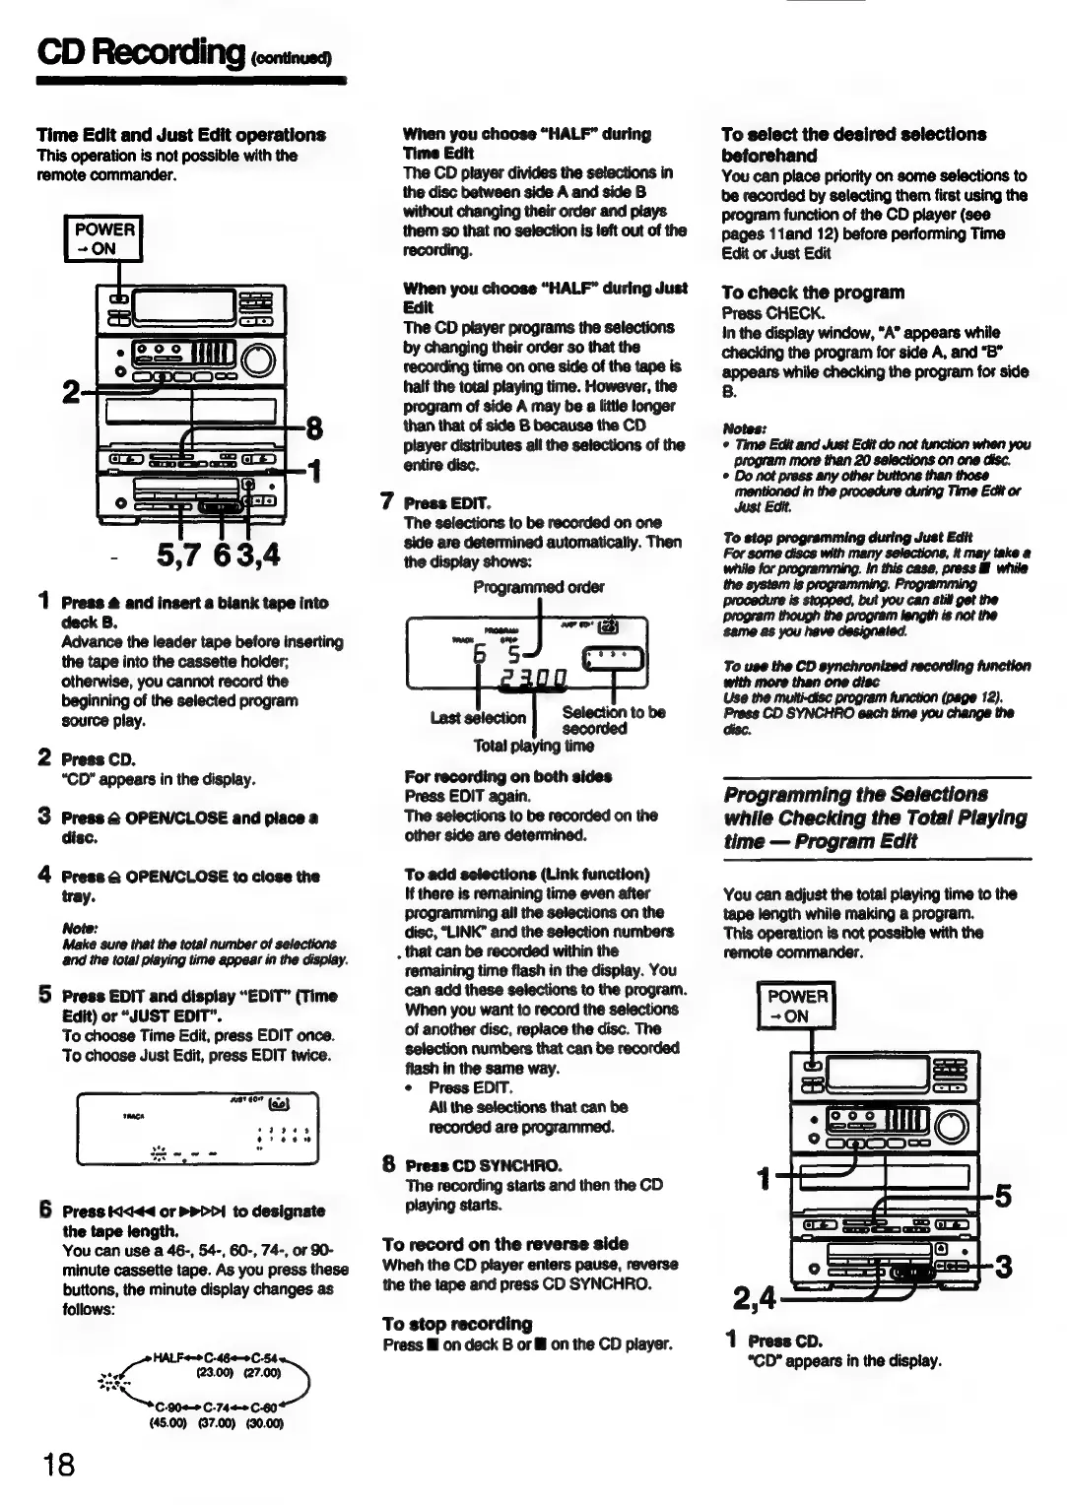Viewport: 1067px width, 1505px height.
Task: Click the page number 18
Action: pyautogui.click(x=58, y=1465)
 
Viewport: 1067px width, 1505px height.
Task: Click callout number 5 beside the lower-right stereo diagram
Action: pyautogui.click(x=1003, y=1196)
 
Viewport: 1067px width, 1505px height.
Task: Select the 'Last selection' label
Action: pyautogui.click(x=478, y=718)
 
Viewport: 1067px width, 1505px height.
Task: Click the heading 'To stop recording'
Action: pyautogui.click(x=457, y=1324)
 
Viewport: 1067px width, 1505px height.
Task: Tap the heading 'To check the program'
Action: pyautogui.click(x=812, y=293)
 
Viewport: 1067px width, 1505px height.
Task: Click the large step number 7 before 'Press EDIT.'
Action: pyautogui.click(x=388, y=501)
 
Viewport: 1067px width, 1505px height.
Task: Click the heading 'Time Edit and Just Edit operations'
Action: pyautogui.click(x=180, y=135)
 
